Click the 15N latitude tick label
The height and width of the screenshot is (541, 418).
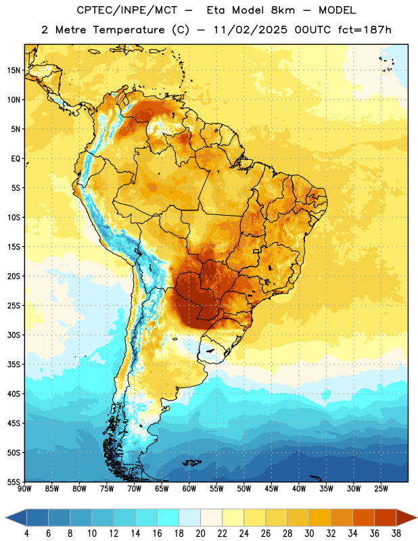tap(14, 70)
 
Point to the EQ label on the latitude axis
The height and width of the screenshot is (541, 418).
tap(16, 159)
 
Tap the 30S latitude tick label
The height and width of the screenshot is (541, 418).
tap(14, 335)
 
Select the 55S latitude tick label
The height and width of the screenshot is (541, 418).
tap(14, 482)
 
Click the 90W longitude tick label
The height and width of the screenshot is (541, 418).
tap(24, 488)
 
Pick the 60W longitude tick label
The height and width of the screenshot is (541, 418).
tap(189, 488)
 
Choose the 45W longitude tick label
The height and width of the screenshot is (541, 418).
tap(271, 488)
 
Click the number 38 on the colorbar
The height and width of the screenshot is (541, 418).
tap(396, 534)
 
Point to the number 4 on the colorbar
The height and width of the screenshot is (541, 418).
tap(26, 534)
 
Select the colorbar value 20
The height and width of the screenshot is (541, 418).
tap(200, 534)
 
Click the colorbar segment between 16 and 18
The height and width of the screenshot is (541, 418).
tap(168, 518)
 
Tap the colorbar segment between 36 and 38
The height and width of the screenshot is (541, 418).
tap(386, 518)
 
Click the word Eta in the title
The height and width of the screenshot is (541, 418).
tap(216, 10)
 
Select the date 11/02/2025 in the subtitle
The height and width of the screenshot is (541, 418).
tap(250, 30)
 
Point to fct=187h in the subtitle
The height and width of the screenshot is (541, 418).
tap(365, 30)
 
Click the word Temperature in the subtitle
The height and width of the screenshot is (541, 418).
tap(129, 30)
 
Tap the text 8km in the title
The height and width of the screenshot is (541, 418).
tap(283, 10)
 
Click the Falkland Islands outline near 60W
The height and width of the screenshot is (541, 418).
tap(192, 463)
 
